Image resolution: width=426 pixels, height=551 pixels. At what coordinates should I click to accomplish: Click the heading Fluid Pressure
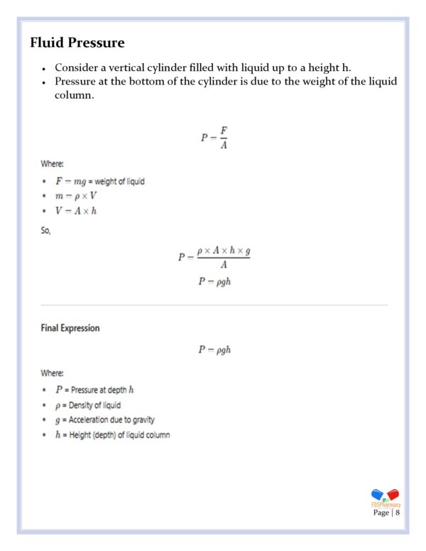pos(77,43)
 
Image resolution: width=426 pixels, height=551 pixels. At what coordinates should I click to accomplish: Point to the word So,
pos(45,229)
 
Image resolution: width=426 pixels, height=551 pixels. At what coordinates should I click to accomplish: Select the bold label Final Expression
pos(70,328)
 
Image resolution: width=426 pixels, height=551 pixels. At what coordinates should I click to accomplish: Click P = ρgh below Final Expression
pos(214,349)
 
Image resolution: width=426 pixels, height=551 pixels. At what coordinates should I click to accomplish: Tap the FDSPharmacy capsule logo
pos(386,496)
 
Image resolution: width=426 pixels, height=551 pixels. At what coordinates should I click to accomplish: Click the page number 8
pos(398,512)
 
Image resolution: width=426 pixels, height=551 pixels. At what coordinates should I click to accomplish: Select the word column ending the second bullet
pos(73,94)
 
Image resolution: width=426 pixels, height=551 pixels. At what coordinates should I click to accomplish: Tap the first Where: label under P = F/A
pos(52,163)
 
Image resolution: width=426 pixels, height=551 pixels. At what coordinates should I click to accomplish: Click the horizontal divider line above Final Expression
pos(214,305)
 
